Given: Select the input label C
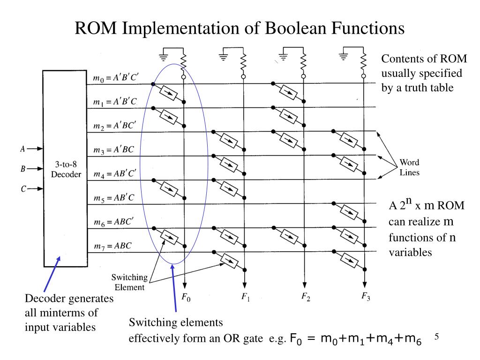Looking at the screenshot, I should (x=22, y=189).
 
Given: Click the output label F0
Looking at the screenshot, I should (x=186, y=297).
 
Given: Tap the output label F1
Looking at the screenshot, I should (x=246, y=297).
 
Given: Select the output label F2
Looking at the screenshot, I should (x=306, y=297).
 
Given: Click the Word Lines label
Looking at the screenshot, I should (x=409, y=167).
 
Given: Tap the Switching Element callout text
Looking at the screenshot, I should (x=129, y=282).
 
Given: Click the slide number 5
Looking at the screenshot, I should (x=436, y=337).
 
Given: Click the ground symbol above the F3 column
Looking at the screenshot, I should (x=344, y=57).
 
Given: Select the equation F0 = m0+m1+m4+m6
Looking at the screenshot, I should (x=356, y=339).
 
